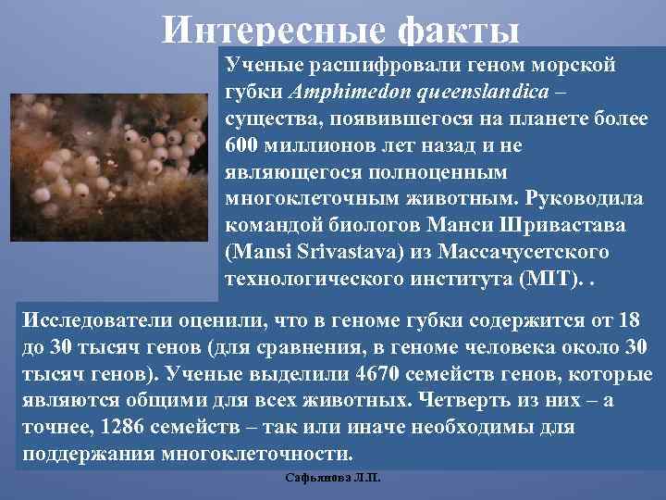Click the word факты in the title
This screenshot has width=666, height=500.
pyautogui.click(x=458, y=31)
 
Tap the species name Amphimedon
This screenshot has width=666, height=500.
pyautogui.click(x=334, y=94)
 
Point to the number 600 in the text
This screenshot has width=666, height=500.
pyautogui.click(x=242, y=146)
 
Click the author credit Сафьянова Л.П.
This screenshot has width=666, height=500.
pyautogui.click(x=334, y=479)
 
